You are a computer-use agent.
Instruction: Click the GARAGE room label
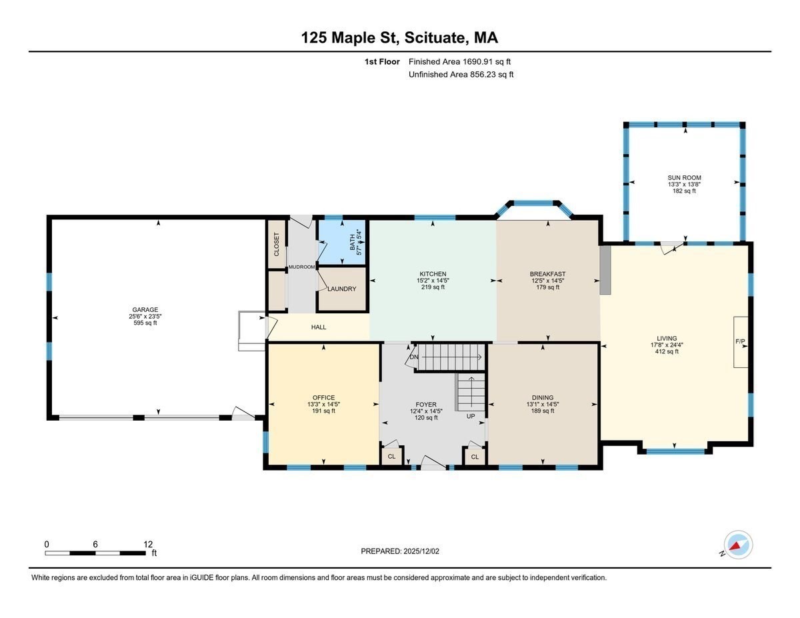145,309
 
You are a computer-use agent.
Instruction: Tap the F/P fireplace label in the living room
740,341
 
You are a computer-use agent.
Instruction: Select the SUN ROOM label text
684,177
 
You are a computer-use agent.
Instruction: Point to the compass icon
738,545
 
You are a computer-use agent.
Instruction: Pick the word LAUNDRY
341,289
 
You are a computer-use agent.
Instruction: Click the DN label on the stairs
414,357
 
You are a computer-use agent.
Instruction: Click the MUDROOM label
301,267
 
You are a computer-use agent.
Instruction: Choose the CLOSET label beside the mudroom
277,244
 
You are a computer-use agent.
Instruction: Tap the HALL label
319,327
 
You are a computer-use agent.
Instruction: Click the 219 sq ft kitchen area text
433,287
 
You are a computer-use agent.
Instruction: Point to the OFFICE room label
323,397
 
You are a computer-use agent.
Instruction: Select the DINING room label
543,397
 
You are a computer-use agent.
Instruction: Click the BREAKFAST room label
547,274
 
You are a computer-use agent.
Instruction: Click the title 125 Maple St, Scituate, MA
399,37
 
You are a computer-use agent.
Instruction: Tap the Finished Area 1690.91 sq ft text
459,62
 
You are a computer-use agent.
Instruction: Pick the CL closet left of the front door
391,457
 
